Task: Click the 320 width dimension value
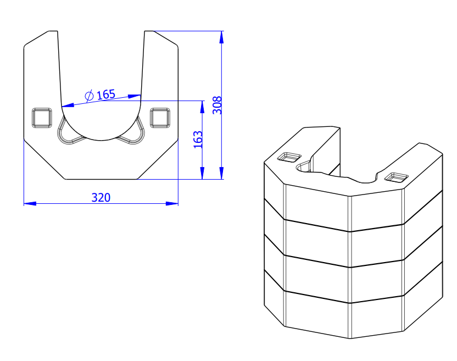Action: pos(101,198)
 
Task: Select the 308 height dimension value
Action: pos(217,105)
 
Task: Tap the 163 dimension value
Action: pos(198,140)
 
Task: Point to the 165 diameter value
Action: pos(106,95)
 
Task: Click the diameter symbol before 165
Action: pos(89,96)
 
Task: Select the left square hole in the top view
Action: pos(42,118)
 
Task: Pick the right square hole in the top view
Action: pos(160,118)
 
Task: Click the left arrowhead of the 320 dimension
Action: pos(30,203)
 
